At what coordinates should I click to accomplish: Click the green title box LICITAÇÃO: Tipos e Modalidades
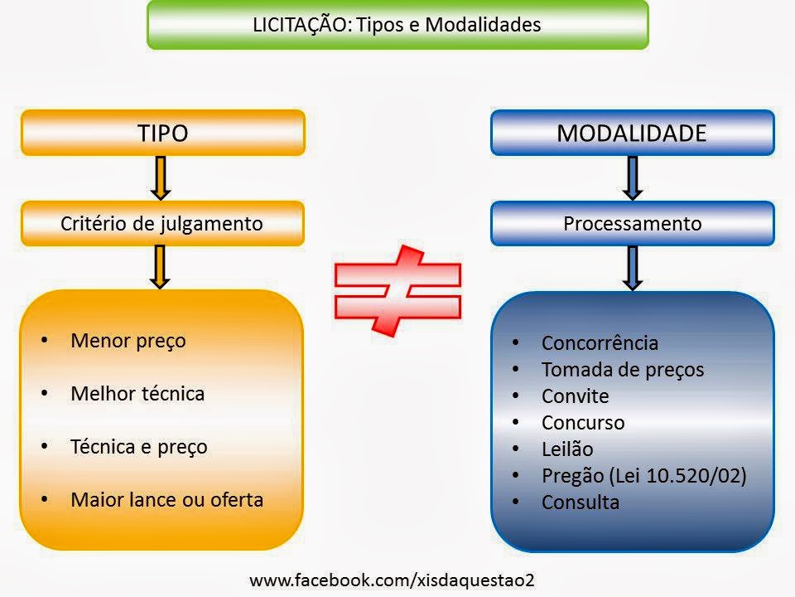pos(397,25)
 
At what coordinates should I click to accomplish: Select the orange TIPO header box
pos(163,133)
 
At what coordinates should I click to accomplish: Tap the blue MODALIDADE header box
pos(632,133)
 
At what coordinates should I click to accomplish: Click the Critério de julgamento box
pos(163,223)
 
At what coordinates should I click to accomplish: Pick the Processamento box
pos(632,223)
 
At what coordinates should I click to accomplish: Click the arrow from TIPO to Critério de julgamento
pos(162,177)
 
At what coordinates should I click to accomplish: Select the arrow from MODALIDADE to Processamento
pos(633,177)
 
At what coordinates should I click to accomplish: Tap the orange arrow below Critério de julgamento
pos(162,267)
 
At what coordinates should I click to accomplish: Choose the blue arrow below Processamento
pos(633,267)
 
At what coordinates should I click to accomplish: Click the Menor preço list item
pos(128,341)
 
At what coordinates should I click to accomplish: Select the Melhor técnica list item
pos(137,393)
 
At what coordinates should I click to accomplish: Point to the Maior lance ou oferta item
pos(167,499)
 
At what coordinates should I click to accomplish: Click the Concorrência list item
pos(600,343)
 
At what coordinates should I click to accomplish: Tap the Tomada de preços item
pos(622,370)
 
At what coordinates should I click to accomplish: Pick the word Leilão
pos(567,449)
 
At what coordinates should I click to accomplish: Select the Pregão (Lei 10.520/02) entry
pos(643,476)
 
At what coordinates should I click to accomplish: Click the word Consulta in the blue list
pos(580,502)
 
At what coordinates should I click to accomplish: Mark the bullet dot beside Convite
pos(516,396)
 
